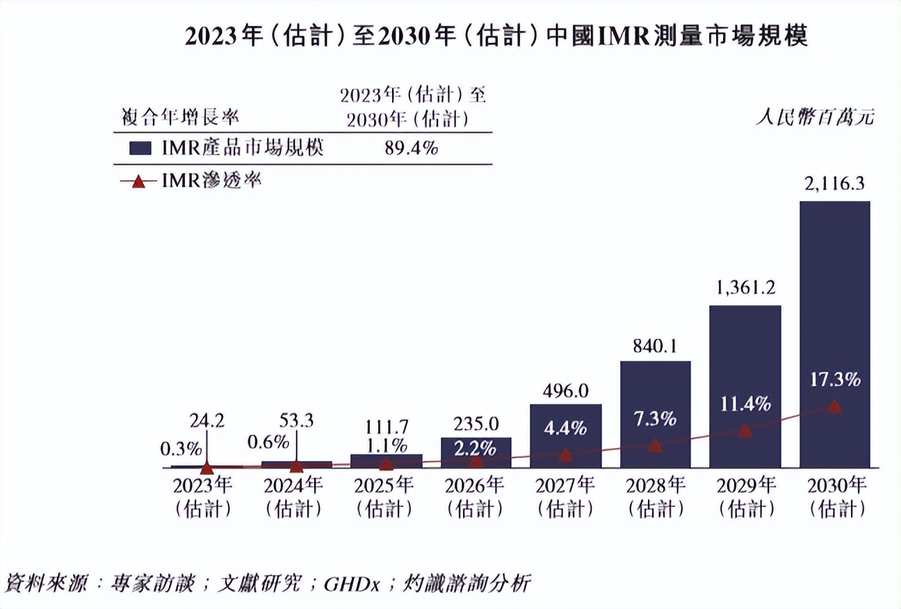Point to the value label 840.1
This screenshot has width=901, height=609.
coord(655,346)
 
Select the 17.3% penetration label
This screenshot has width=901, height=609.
coord(834,380)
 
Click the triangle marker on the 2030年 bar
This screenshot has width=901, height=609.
coord(834,407)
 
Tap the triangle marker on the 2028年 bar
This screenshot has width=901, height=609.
coord(655,446)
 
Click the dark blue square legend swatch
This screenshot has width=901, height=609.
coord(140,148)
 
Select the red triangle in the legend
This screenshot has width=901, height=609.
coord(138,182)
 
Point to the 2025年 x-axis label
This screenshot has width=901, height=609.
coord(386,485)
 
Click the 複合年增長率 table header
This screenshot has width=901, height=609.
coord(181,115)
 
